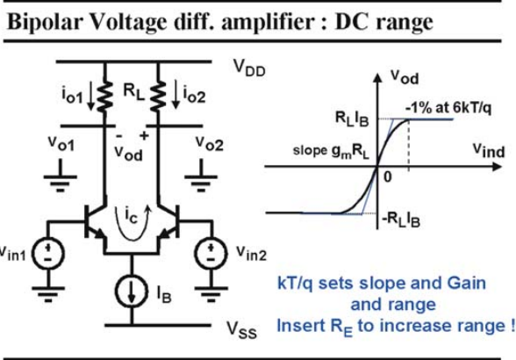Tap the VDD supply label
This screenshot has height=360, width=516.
[x=249, y=68]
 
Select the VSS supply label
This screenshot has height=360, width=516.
[x=242, y=329]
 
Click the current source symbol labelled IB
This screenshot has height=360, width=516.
[x=132, y=292]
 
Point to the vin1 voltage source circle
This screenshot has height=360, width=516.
[x=48, y=254]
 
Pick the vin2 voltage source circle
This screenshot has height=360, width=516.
[x=211, y=254]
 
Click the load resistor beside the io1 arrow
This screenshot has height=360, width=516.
[x=105, y=96]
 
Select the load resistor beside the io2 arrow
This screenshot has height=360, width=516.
[x=158, y=96]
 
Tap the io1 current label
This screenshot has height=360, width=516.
[x=72, y=95]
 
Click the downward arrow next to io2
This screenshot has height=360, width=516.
[x=176, y=95]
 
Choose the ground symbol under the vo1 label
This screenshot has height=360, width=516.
[x=61, y=176]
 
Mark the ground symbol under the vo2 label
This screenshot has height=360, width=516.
[x=201, y=176]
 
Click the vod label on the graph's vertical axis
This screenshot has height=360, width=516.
[x=405, y=77]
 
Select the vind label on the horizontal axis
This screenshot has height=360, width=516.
[x=489, y=150]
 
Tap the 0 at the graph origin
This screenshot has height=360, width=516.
[x=388, y=177]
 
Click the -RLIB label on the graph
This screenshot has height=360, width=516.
[x=401, y=220]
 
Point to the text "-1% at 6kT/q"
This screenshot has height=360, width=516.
[x=448, y=108]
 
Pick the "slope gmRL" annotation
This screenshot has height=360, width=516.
[x=331, y=151]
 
